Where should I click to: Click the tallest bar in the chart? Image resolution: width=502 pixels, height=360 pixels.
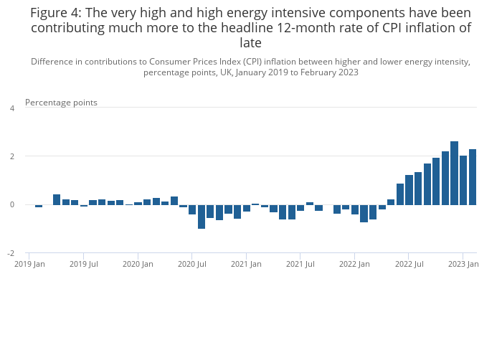click(x=454, y=173)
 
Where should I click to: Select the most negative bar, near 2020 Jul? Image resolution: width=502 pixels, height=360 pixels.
click(x=202, y=217)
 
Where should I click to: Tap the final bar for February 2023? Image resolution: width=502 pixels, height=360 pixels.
click(x=473, y=177)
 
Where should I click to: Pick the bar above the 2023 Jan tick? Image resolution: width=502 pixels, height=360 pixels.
click(x=463, y=180)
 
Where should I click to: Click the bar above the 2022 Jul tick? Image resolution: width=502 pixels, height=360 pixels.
click(x=409, y=190)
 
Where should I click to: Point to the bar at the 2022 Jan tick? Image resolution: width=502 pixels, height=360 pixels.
click(x=355, y=209)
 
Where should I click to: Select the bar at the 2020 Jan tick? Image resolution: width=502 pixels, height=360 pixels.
click(x=138, y=203)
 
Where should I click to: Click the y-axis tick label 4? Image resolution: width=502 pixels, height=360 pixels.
click(x=11, y=108)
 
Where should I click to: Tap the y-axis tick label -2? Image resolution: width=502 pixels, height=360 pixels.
click(x=10, y=254)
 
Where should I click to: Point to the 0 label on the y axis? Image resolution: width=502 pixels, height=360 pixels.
click(x=11, y=205)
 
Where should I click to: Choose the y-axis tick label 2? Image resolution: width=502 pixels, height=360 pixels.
click(x=11, y=156)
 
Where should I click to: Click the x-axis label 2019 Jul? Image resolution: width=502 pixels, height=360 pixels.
click(x=84, y=265)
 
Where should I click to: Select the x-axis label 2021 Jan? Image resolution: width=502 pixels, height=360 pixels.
click(x=246, y=265)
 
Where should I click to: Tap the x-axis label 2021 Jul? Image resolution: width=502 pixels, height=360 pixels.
click(x=300, y=265)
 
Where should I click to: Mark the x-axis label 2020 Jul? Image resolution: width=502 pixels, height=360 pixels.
click(x=192, y=265)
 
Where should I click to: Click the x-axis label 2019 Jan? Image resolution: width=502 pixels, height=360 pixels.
click(x=29, y=265)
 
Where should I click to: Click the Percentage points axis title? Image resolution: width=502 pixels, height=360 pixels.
click(x=61, y=103)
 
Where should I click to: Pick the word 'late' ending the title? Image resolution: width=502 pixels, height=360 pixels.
click(x=250, y=43)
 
